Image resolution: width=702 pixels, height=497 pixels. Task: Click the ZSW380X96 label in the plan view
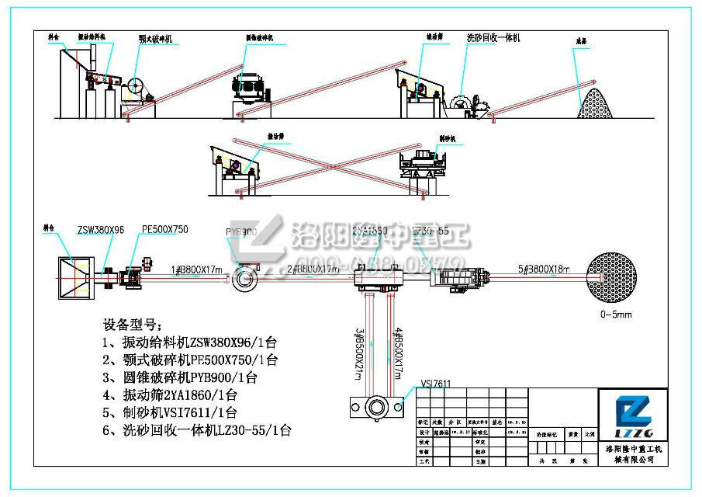tap(102, 231)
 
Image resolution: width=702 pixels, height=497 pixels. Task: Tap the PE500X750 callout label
tap(165, 230)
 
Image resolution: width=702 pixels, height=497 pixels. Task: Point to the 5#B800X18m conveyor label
tap(544, 269)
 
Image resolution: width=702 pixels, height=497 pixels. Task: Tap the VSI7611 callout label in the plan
tap(436, 383)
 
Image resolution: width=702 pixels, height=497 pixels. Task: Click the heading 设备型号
tap(133, 324)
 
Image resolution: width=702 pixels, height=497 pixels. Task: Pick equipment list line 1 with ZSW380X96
tap(185, 342)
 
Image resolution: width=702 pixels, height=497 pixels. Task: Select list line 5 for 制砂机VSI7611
tap(169, 413)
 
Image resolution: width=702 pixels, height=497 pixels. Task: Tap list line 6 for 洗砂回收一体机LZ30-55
tap(197, 431)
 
